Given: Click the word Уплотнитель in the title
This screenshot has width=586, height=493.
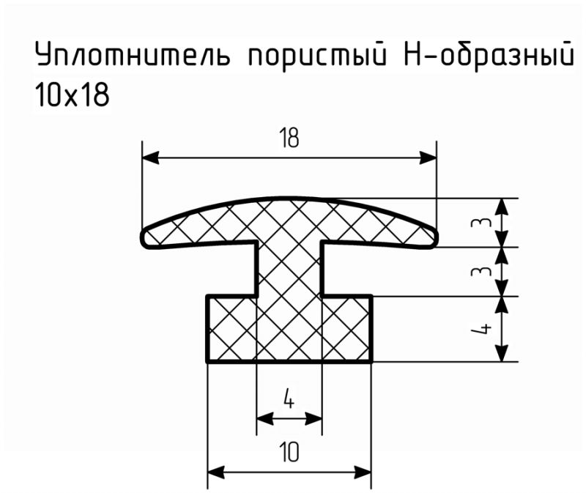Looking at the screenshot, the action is coord(133,55).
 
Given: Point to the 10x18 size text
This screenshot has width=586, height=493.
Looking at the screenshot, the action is coord(72,94).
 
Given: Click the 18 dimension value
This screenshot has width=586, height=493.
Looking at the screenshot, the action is coord(289,138).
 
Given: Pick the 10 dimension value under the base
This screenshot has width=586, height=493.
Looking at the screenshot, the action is coord(289,452).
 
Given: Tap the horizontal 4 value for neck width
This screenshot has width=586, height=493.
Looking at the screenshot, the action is coord(289,399).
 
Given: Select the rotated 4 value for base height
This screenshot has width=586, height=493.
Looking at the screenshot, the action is coord(485,330).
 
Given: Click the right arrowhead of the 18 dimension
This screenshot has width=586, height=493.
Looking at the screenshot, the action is coord(428,157).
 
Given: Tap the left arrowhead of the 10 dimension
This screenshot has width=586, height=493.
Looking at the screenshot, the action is coord(216,472).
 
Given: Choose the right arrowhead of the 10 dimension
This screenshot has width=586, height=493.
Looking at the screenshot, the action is coord(363,472).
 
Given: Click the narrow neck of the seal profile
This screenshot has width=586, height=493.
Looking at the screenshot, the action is coord(289,269).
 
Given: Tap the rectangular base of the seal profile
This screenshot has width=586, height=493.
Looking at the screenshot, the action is coord(289,329).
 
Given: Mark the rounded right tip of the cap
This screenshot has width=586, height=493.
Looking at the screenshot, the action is coord(435,237).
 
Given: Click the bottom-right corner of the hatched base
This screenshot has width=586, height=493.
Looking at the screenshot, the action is coord(371,362).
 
